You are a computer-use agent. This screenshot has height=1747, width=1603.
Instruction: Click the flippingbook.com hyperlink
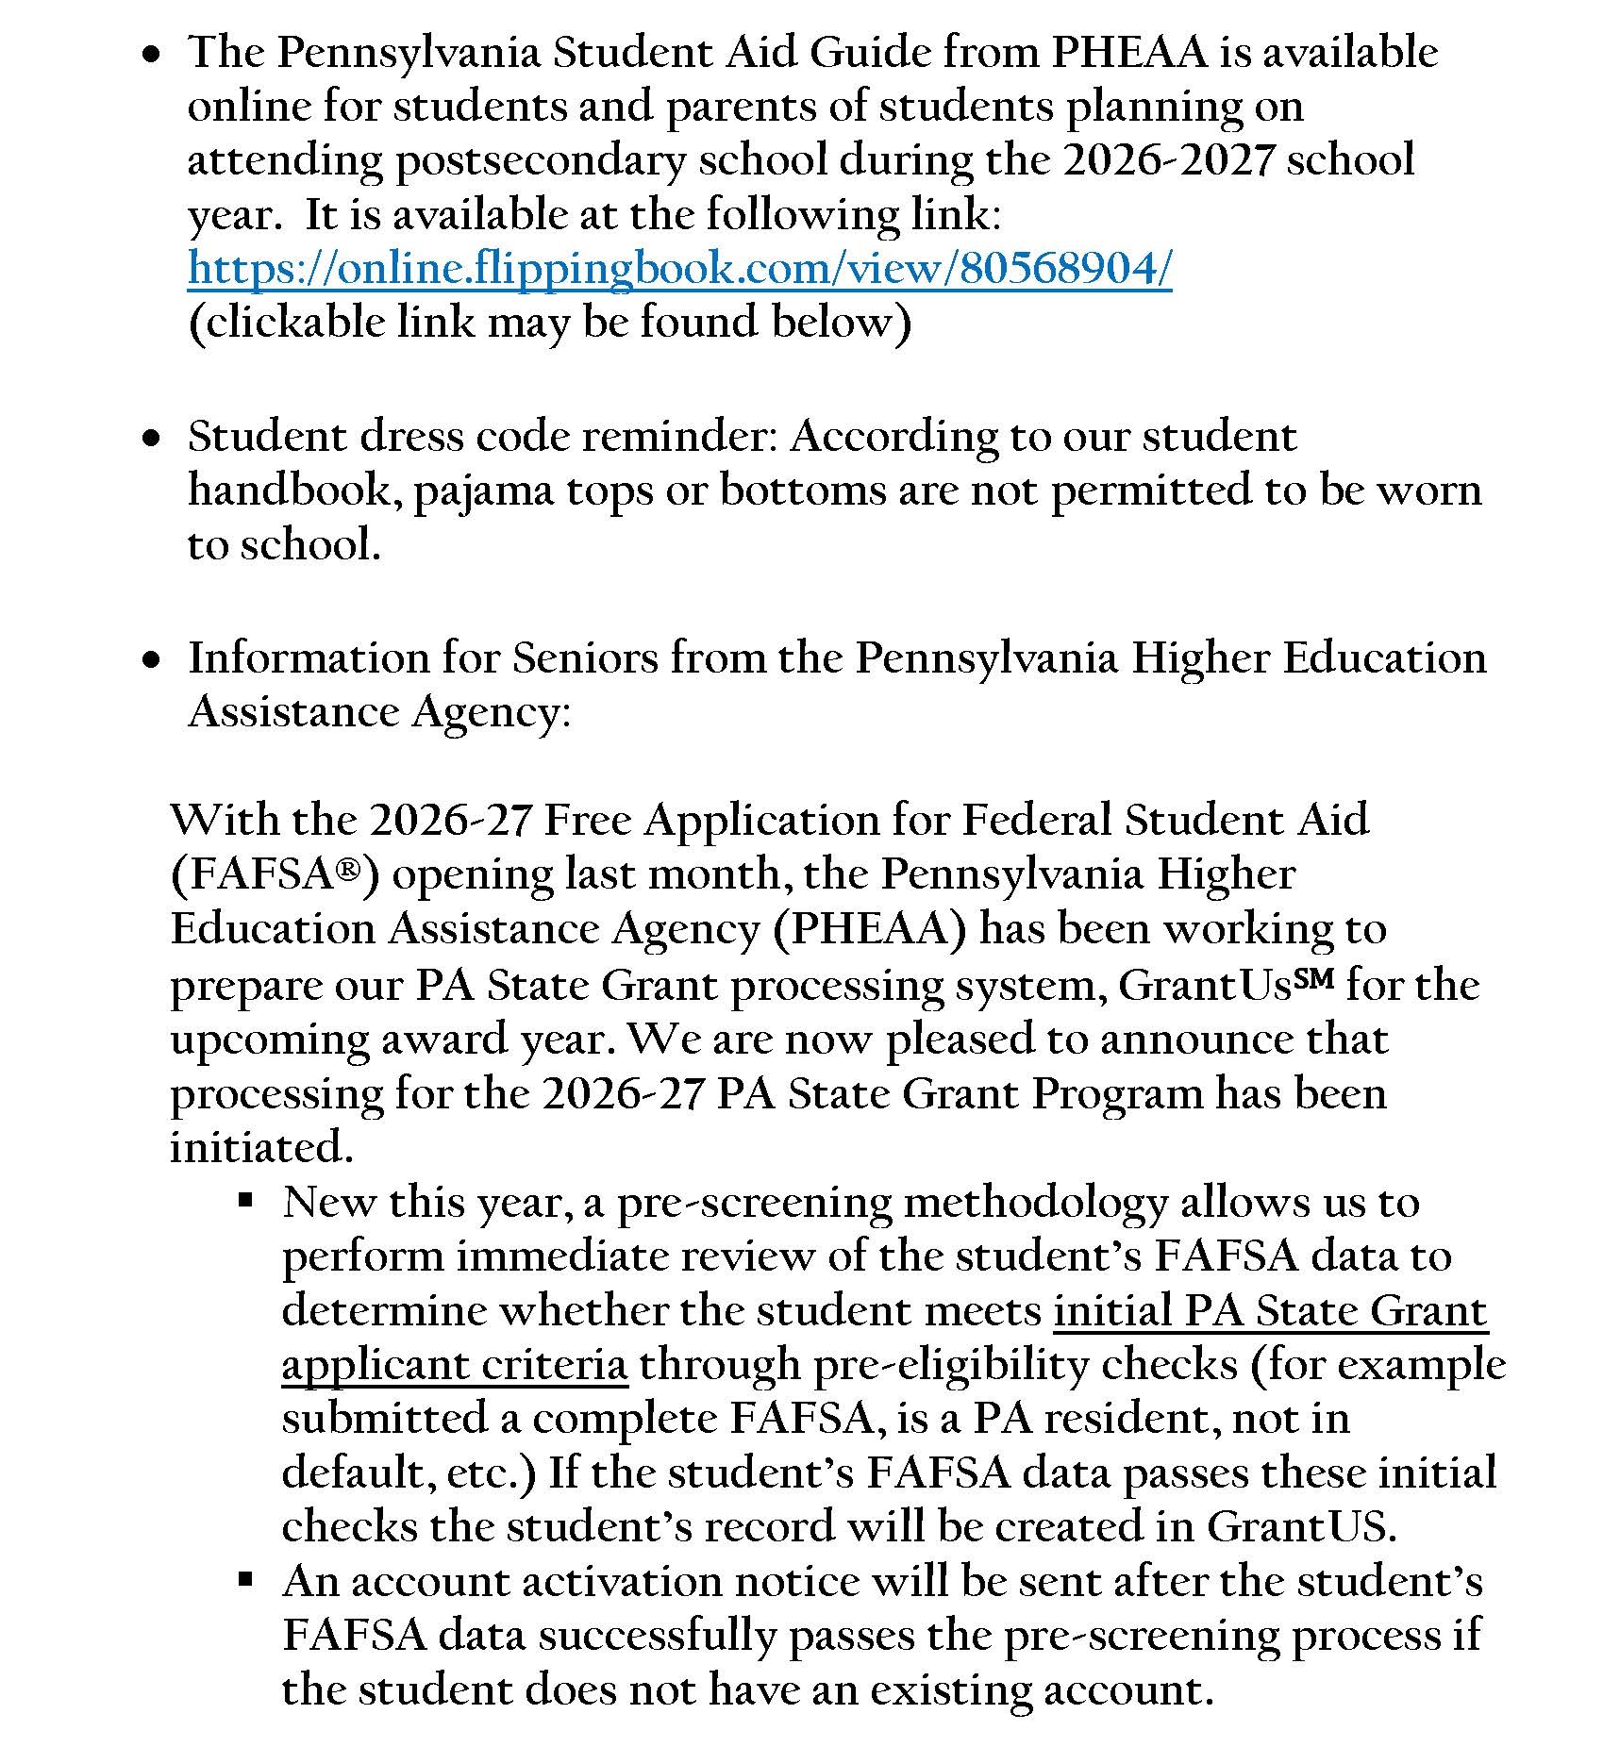click(679, 269)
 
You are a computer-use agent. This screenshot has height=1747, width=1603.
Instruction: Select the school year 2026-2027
click(1168, 160)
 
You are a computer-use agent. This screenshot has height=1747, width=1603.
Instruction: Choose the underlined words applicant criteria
click(454, 1365)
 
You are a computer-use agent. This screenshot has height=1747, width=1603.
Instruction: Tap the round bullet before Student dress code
click(150, 439)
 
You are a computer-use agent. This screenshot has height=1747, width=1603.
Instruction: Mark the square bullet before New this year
click(245, 1201)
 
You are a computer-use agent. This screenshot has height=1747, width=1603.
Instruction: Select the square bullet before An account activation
click(245, 1579)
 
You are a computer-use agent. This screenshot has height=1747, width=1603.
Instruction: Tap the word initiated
click(261, 1147)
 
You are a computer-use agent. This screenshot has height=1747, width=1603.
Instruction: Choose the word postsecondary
click(540, 160)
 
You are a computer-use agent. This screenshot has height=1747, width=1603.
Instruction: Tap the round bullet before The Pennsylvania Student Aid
click(150, 57)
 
